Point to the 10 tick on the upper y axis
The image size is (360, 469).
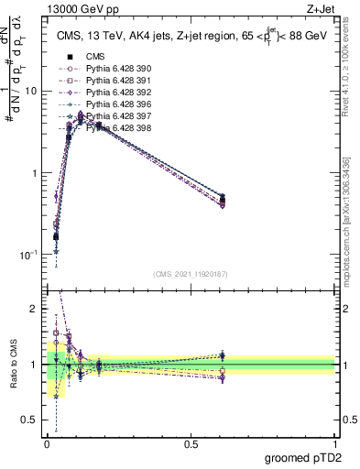tap(30, 92)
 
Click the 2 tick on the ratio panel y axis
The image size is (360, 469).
tap(35, 309)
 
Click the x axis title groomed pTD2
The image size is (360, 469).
tap(303, 457)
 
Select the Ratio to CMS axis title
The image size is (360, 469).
tap(13, 365)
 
